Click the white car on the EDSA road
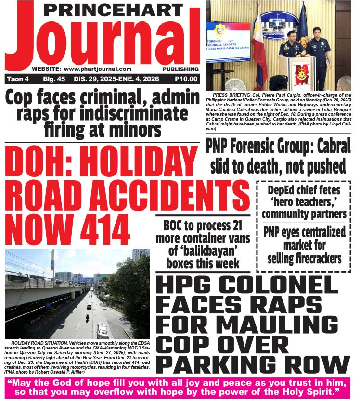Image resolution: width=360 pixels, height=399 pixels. click(103, 330)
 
